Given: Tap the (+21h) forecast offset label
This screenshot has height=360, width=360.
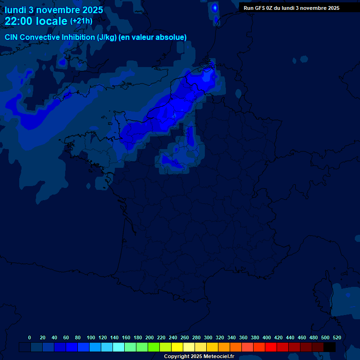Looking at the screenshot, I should tap(81, 21).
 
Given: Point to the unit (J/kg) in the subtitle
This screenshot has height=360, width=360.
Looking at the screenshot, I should tap(107, 37).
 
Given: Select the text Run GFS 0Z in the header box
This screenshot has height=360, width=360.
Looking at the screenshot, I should tap(258, 8).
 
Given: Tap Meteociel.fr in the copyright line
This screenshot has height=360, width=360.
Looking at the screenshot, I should tap(218, 357).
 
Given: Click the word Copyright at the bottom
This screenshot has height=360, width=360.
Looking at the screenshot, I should tap(177, 357).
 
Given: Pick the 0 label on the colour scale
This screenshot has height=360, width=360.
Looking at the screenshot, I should tap(30, 337).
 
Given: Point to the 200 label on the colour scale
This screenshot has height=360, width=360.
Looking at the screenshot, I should tap(150, 337).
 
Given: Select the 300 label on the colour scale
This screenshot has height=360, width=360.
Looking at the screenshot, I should tap(208, 337).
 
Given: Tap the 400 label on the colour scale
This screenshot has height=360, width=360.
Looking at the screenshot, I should tap(267, 337).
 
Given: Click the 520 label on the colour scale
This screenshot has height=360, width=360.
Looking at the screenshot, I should tap(337, 337).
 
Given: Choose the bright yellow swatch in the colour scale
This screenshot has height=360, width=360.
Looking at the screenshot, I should tap(177, 347).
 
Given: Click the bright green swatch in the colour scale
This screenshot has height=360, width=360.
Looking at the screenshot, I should tap(154, 347).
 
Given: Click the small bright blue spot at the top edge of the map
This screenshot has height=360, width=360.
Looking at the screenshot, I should tap(215, 7).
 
